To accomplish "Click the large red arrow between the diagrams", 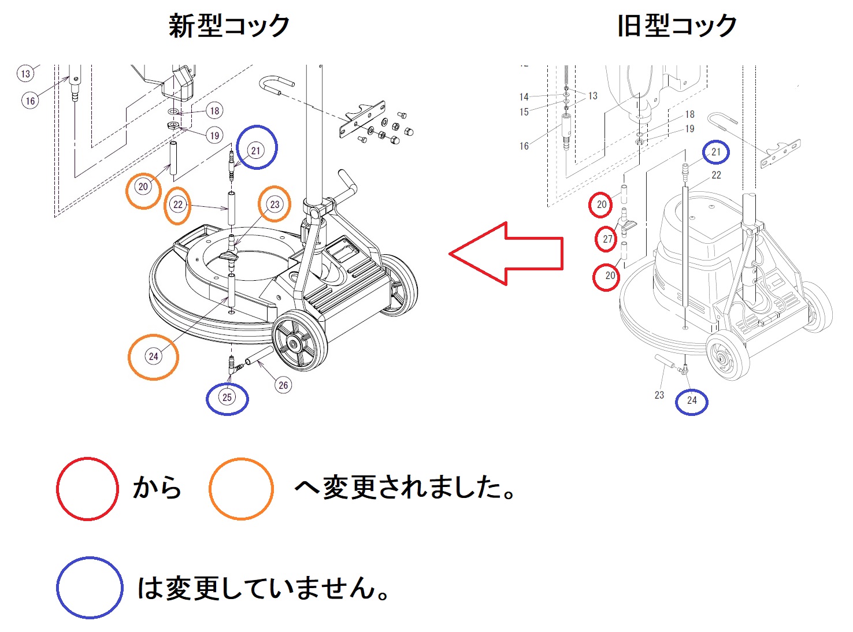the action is click(506, 254).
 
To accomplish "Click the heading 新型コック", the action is click(229, 26).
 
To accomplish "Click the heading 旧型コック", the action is click(677, 26).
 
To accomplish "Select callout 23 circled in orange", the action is click(275, 204).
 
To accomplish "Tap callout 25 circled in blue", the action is click(227, 397).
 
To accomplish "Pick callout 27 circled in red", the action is click(606, 239).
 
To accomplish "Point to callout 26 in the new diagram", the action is click(283, 385).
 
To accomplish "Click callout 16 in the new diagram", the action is click(30, 101).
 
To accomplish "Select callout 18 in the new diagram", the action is click(214, 111).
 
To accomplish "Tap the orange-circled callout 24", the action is click(154, 356).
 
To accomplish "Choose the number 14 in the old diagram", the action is click(524, 97).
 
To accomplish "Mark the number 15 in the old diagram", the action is click(524, 112).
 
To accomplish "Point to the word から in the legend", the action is click(157, 487).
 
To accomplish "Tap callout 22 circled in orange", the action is click(177, 205).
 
